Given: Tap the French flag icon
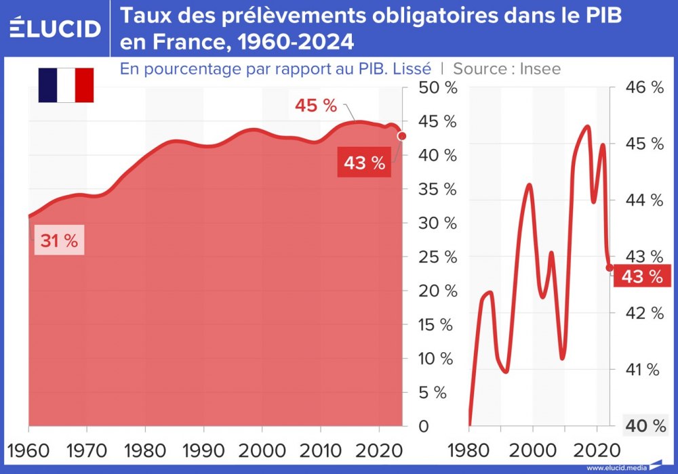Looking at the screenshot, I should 66,85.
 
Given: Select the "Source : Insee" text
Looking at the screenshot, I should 506,68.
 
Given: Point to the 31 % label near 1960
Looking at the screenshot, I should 59,240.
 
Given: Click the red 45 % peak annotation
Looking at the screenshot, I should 316,106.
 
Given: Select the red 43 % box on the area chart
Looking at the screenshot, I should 364,163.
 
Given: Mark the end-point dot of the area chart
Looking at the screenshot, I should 402,136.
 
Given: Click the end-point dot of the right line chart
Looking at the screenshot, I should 610,267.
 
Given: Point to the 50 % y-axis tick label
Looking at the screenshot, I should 438,88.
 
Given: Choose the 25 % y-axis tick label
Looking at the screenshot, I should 438,257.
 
